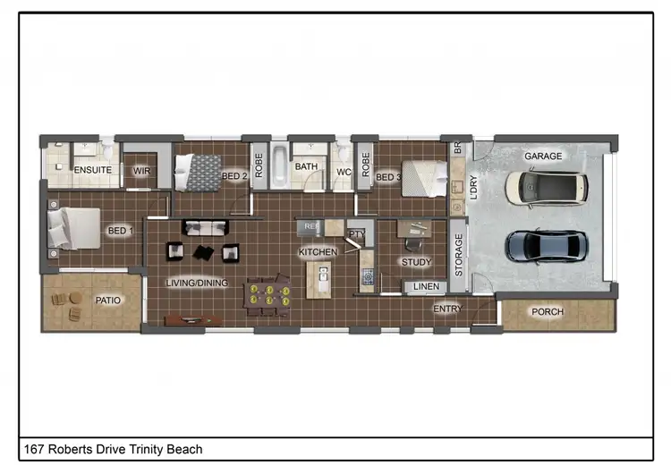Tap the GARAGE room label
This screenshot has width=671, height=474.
pos(543,157)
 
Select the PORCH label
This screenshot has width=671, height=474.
pos(548,312)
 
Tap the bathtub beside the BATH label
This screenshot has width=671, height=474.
pos(278,166)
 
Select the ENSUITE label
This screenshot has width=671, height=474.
pos(92,170)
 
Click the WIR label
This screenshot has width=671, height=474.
pos(141,170)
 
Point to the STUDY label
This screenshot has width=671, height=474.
pos(417,263)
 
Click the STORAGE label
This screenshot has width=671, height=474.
pos(459,256)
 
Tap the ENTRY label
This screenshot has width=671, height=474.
pos(448,309)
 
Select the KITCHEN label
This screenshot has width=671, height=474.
pos(318,253)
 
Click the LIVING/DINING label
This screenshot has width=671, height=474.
pos(197,284)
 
